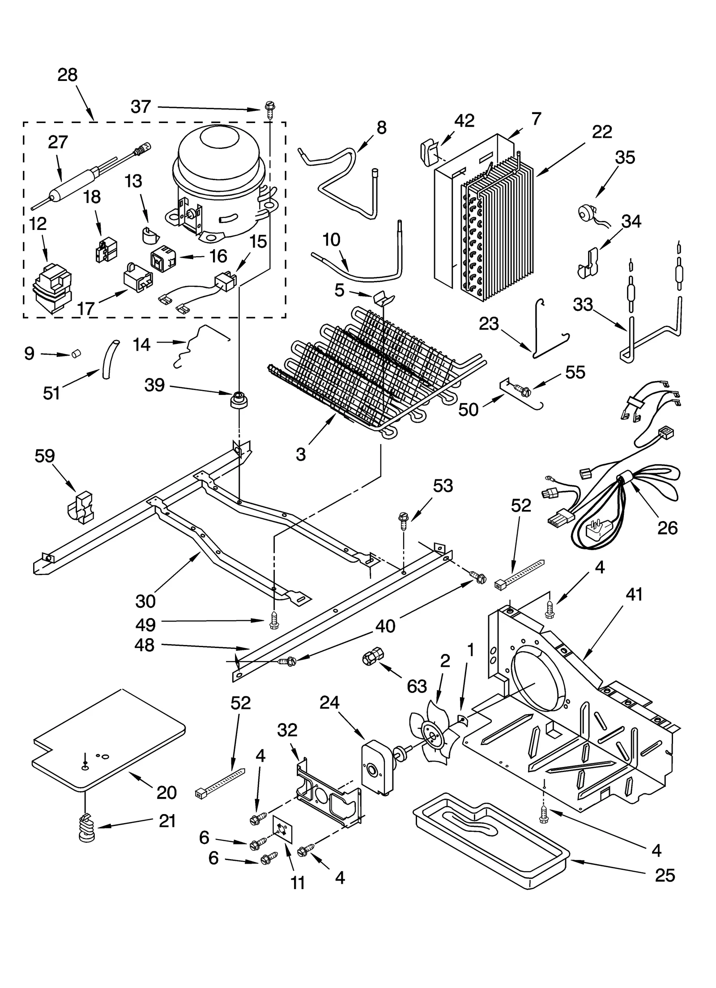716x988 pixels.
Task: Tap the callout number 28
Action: click(x=68, y=75)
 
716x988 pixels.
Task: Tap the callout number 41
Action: click(x=634, y=595)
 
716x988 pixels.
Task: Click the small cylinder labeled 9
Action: click(x=76, y=354)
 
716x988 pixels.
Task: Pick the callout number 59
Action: click(x=45, y=456)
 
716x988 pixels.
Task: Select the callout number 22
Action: click(x=602, y=132)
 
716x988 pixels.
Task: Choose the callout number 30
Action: click(x=145, y=602)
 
